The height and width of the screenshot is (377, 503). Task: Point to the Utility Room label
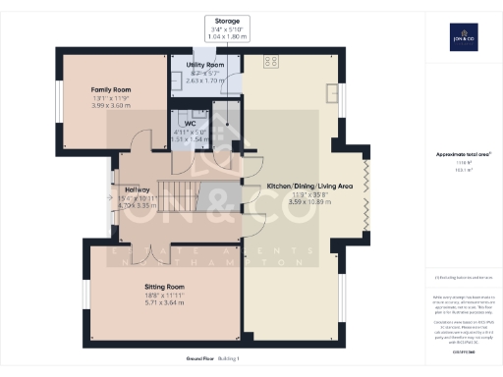[206, 64]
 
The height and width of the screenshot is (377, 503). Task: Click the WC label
[205, 123]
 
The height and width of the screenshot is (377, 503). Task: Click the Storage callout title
[227, 20]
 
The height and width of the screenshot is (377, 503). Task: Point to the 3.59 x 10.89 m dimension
[303, 201]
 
